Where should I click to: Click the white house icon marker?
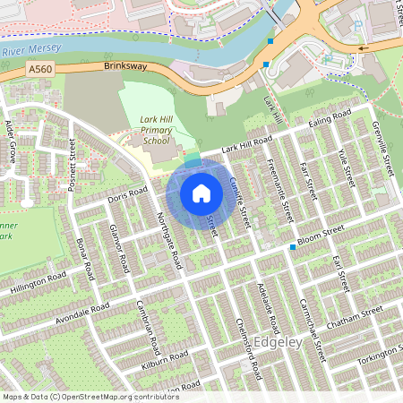tap(201, 193)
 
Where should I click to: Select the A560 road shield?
tap(39, 68)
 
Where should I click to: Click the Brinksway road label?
tap(124, 66)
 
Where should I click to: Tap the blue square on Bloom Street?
tap(292, 246)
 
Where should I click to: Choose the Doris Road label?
tap(126, 195)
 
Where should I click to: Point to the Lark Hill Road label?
tap(247, 142)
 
